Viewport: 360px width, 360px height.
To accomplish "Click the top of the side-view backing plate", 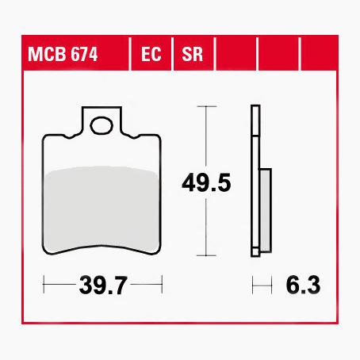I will point(255,108).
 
